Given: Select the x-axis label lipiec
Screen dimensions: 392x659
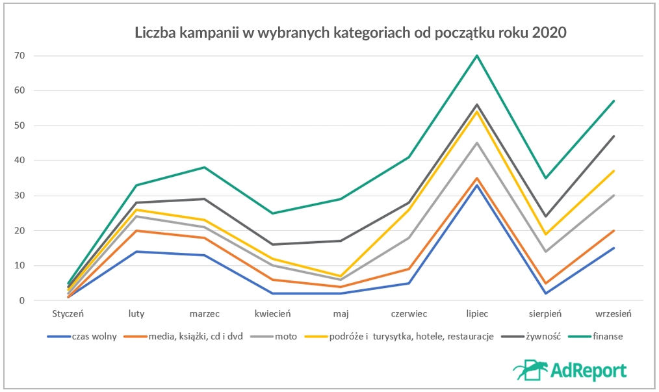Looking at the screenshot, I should tap(477, 313).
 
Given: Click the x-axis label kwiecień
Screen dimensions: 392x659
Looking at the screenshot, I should tap(272, 313).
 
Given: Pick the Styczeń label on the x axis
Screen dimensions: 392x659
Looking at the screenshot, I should tap(68, 313).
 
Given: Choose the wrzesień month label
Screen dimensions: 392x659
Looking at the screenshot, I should tap(614, 313).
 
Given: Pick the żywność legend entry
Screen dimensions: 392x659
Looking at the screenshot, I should tap(538, 337).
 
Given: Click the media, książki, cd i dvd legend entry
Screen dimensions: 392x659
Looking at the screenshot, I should tap(196, 337).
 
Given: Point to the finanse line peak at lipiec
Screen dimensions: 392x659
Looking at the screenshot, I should tap(477, 55).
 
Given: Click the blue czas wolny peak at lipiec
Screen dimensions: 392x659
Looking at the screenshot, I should tap(477, 185).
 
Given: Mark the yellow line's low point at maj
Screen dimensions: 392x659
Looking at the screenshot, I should tap(341, 276).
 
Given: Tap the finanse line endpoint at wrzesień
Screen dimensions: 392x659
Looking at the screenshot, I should tap(614, 101).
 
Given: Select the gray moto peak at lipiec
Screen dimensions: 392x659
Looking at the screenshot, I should tap(477, 143).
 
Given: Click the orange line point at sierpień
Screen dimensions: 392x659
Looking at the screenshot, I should tap(545, 283).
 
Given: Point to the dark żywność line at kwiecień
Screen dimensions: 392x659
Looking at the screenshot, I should tap(272, 244).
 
